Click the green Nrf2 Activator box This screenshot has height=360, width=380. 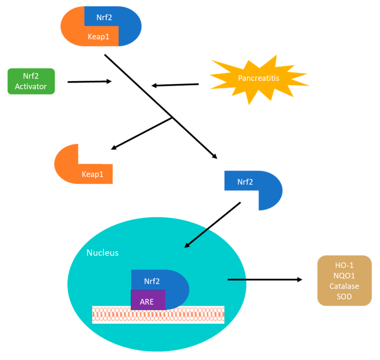[x=31, y=81]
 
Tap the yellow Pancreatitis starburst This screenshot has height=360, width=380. [x=259, y=78]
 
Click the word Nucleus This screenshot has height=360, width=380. [x=103, y=252]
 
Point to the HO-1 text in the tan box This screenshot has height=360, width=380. [x=344, y=266]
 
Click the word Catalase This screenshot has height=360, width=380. [x=344, y=286]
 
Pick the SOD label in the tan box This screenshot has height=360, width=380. [x=344, y=297]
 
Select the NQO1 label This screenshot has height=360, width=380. [x=344, y=276]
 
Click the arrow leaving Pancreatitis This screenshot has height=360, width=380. [x=175, y=85]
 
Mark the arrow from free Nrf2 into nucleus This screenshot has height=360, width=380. [x=213, y=225]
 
